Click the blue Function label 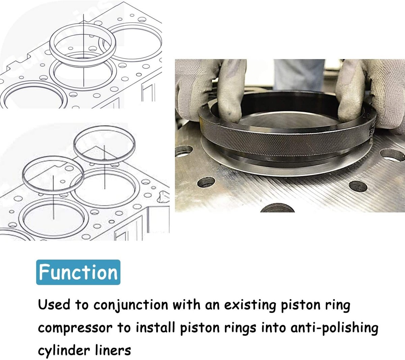pos(78,272)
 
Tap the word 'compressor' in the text pos(75,329)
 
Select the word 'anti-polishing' pos(334,328)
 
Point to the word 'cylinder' pos(64,351)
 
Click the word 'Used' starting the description pos(54,305)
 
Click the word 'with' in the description pos(187,305)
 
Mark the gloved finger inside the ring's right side pos(350,92)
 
